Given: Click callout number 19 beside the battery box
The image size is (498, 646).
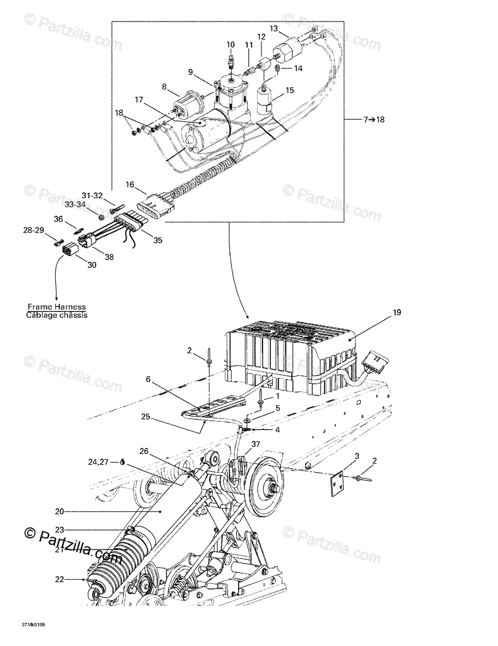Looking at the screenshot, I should tap(397, 313).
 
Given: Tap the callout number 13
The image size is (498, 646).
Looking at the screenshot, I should tap(274, 28).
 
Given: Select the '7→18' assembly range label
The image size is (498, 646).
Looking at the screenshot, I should tap(374, 119).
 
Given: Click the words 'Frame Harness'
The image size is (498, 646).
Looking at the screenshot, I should tap(56, 307).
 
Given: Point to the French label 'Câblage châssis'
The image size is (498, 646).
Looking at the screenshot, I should tap(56, 315).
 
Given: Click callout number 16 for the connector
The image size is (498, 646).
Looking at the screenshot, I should tap(130, 184).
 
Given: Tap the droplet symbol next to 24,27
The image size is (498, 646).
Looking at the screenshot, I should tap(121, 463).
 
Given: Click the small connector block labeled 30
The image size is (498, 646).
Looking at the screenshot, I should tap(71, 251).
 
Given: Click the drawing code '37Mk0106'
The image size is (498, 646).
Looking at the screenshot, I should tap(34, 624).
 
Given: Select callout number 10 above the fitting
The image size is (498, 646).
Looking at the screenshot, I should tap(230, 44).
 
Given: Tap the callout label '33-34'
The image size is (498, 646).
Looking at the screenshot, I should tap(74, 204).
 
